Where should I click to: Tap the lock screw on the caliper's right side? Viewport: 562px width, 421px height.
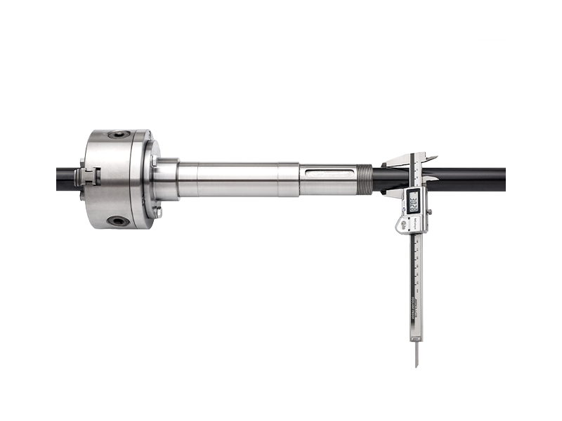point(429,211)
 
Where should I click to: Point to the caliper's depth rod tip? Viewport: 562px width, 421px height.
point(416,363)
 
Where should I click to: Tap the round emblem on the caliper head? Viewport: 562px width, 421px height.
point(404,224)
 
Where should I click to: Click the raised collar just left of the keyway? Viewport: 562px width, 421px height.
point(289,180)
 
